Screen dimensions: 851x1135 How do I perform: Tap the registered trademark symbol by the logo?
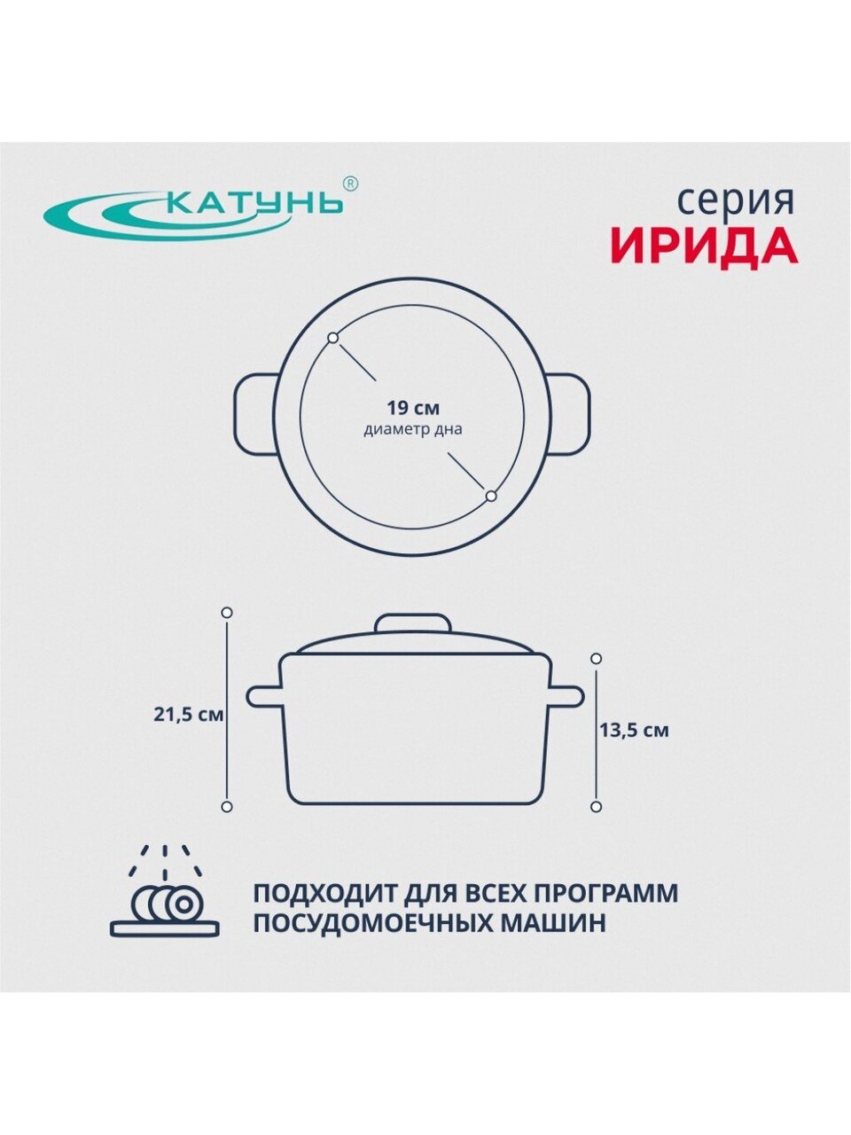[350, 184]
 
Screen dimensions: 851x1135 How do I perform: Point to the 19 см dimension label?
[413, 408]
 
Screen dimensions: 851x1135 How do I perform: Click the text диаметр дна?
[413, 430]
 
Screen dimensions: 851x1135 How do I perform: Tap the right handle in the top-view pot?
[569, 414]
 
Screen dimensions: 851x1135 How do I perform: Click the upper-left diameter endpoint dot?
[333, 338]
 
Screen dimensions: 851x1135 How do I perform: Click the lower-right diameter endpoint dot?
[491, 496]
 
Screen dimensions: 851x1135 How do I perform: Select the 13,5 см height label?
[634, 731]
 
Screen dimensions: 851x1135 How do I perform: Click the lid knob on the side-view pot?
[413, 623]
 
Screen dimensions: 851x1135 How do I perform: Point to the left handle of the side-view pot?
[264, 696]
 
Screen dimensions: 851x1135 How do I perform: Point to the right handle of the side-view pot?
[566, 696]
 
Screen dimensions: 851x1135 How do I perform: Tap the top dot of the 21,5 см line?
[226, 613]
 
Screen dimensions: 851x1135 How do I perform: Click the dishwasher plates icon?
[164, 898]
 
